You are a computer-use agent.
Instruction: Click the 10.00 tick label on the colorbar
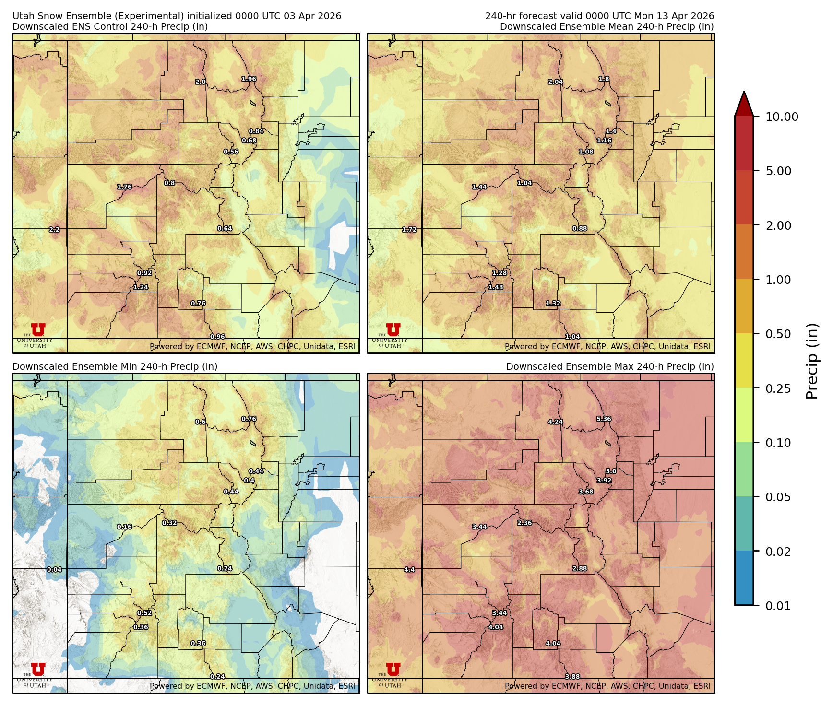tap(782, 117)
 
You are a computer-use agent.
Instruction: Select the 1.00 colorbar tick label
tap(778, 280)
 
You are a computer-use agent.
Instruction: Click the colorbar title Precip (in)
tap(811, 361)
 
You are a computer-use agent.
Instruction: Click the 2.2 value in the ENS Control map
tap(54, 230)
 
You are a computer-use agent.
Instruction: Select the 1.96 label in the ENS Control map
tap(249, 79)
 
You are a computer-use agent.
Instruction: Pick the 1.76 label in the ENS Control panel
tap(124, 187)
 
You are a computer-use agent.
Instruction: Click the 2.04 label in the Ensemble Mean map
tap(555, 82)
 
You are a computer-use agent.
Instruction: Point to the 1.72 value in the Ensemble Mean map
tap(409, 230)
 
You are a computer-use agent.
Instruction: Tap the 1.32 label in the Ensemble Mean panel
tap(553, 304)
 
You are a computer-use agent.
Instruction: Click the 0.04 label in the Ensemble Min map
tap(54, 570)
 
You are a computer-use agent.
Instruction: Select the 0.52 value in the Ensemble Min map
tap(144, 613)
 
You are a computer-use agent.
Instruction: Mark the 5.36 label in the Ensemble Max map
tap(604, 419)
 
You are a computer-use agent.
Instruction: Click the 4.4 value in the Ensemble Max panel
tap(409, 570)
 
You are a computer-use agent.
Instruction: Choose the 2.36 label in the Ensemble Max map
tap(524, 523)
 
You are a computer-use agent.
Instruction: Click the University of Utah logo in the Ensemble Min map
tap(37, 674)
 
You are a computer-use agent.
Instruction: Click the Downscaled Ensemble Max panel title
tap(610, 366)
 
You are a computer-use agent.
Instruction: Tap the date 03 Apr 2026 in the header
tap(312, 16)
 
